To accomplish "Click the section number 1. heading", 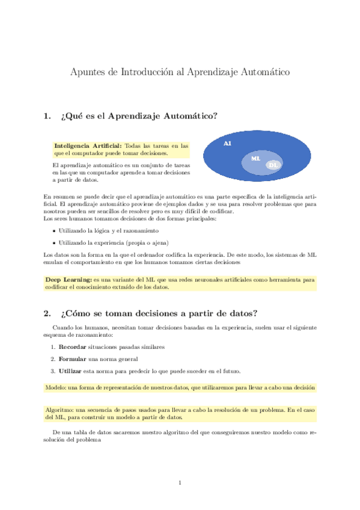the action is (x=48, y=116).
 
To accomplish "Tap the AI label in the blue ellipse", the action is (x=227, y=144).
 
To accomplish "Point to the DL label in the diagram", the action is (x=273, y=165).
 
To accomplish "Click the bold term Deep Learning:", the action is (x=68, y=280).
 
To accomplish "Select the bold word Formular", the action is (x=72, y=359).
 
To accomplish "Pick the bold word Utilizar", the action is (x=71, y=370).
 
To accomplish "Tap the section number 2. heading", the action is (x=48, y=313).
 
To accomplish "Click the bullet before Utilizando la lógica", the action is (x=55, y=230).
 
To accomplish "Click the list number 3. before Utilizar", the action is (x=53, y=370).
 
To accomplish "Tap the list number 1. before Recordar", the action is (x=53, y=347).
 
